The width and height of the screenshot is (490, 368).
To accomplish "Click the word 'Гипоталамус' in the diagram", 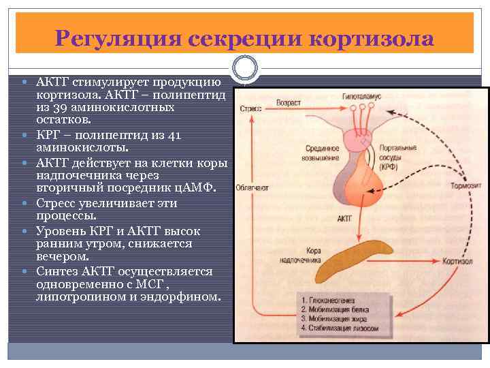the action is point(361,97).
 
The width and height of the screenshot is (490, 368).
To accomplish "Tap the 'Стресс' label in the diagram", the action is point(250,108).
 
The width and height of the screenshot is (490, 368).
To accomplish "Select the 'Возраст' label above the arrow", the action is point(288,102).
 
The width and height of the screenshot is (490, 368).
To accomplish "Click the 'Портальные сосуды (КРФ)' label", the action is point(399,155).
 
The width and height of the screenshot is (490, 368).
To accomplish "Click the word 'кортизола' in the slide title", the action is point(371,37).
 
